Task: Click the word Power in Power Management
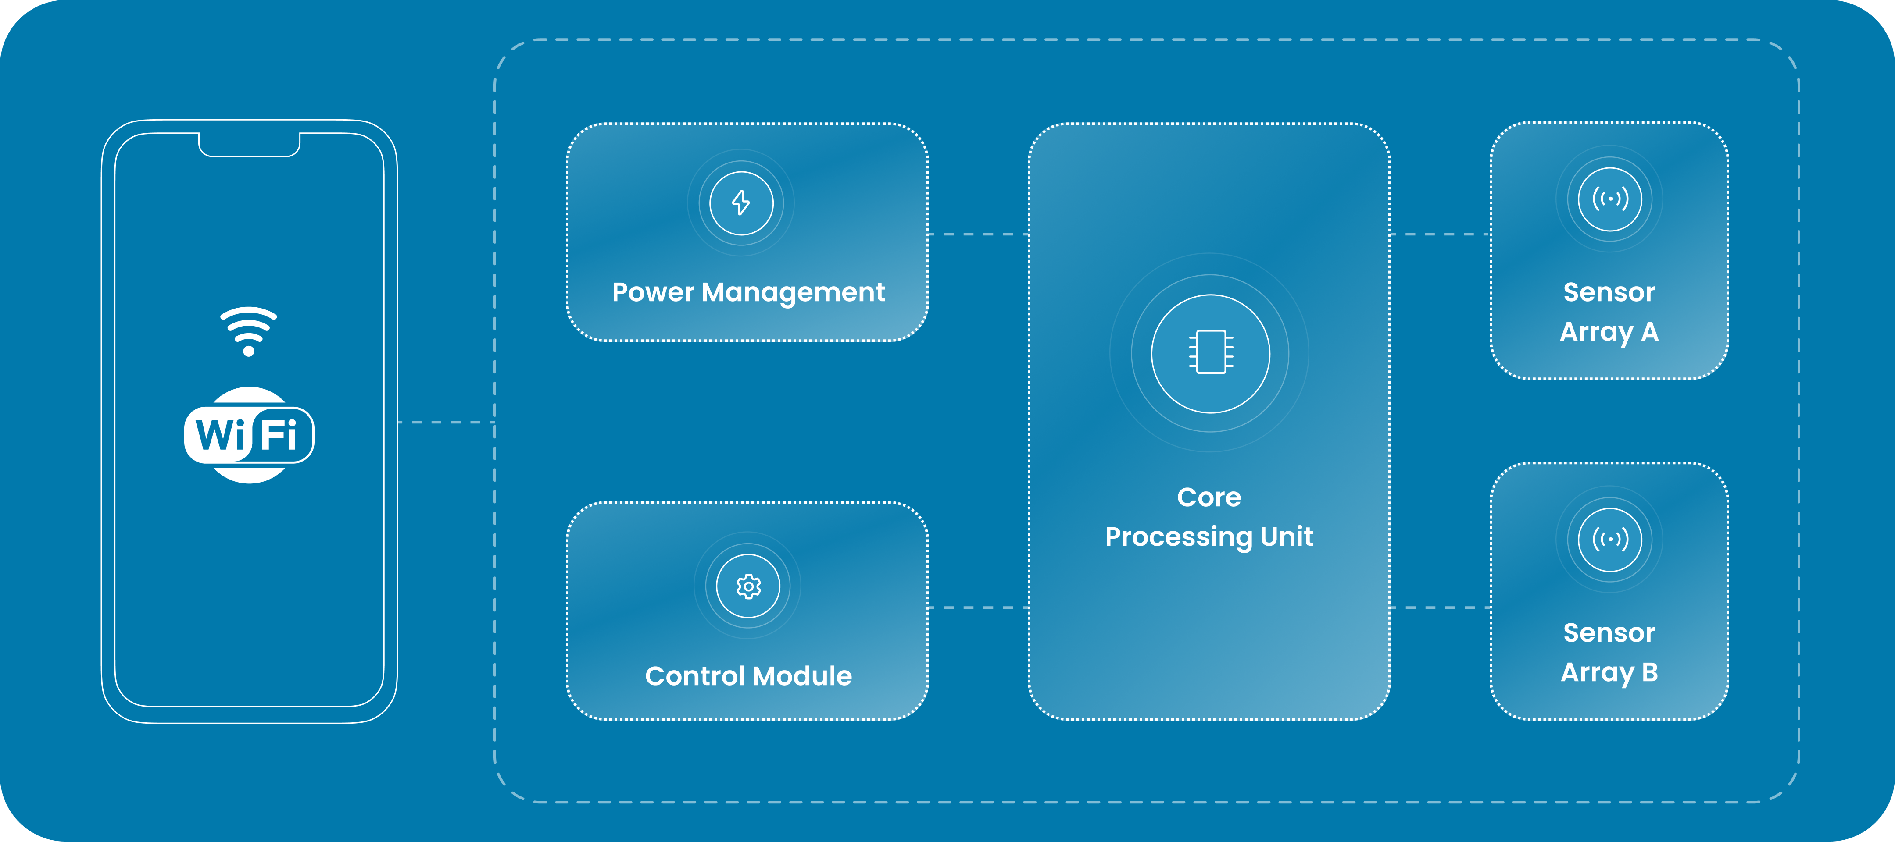653,293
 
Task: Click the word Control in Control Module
695,676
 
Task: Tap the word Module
803,676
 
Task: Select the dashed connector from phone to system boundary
446,422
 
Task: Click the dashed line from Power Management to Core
978,234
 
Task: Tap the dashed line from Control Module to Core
978,608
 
